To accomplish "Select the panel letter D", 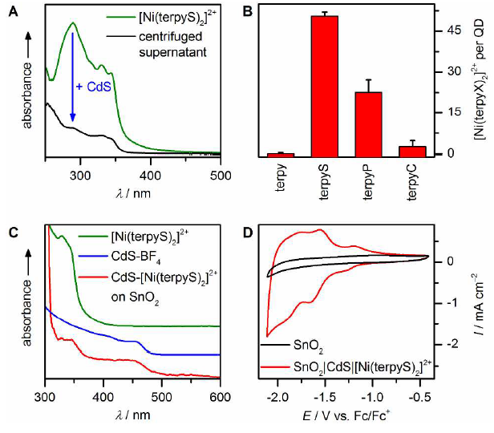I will [x=248, y=232].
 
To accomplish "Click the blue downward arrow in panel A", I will [x=72, y=80].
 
